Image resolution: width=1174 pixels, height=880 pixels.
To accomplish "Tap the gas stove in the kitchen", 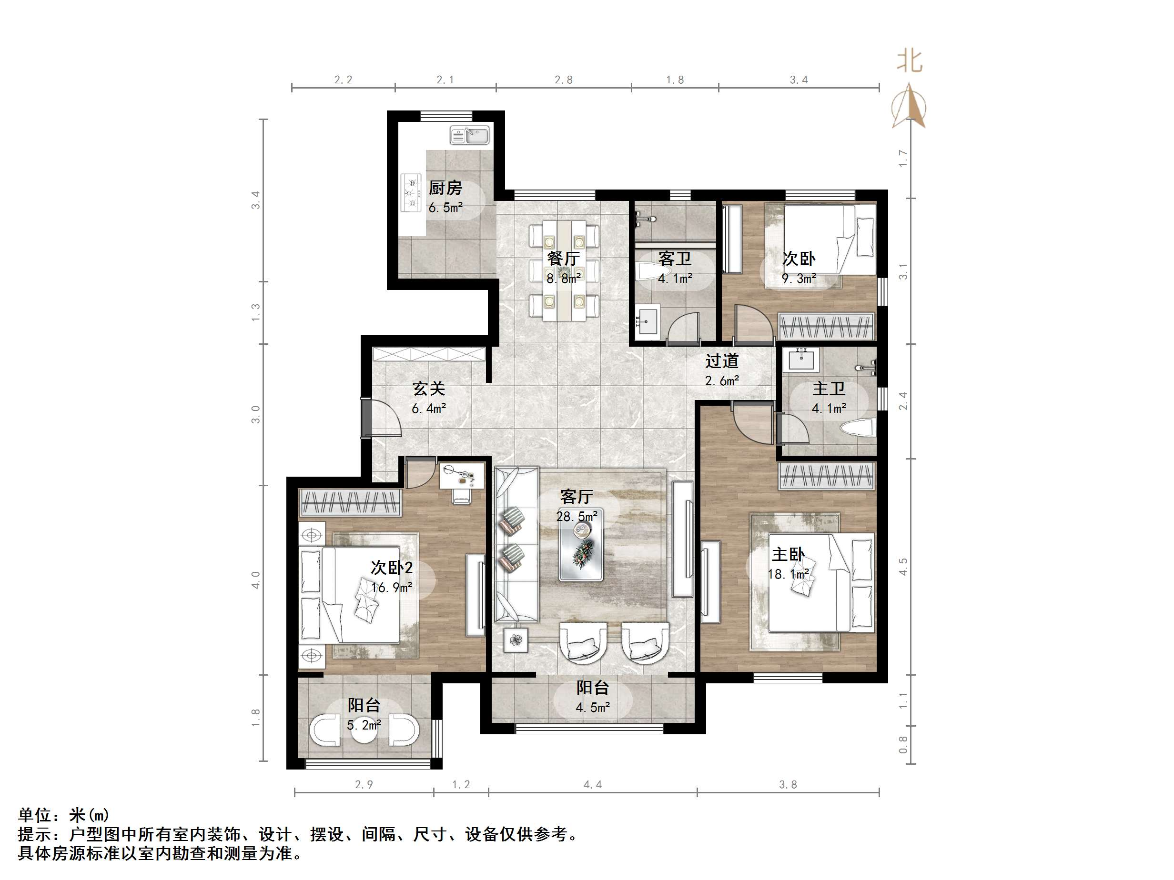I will [411, 192].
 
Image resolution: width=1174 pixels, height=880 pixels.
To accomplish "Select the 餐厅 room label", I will [563, 259].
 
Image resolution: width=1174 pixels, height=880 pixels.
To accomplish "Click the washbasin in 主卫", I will [800, 359].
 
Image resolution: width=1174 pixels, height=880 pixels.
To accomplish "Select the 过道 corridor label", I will [722, 361].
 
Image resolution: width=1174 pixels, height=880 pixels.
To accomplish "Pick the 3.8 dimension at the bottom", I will [788, 784].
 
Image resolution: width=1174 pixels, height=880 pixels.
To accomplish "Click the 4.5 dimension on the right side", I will [903, 567].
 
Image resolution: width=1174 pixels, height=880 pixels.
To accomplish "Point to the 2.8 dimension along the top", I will [564, 80].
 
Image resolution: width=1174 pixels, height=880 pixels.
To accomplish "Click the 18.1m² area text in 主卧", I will [789, 574].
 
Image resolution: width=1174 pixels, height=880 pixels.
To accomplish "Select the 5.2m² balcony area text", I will [364, 725].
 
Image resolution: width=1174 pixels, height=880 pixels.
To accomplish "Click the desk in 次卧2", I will [462, 475].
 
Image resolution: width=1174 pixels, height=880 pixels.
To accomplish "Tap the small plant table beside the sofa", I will [516, 640].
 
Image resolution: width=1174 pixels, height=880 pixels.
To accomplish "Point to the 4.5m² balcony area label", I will [592, 707].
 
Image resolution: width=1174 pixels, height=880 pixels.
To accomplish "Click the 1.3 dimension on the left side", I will [256, 312].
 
